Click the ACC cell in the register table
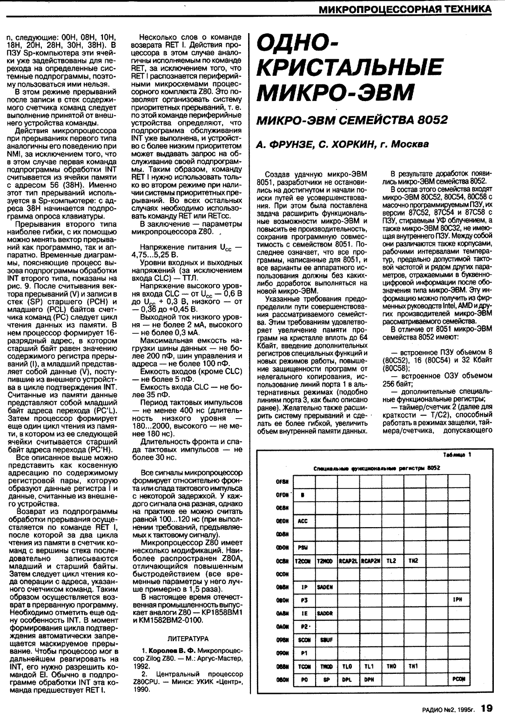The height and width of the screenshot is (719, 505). [303, 521]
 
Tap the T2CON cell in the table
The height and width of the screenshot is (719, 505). [303, 561]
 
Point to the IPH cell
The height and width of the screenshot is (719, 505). [457, 601]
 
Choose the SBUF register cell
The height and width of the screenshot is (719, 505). [325, 640]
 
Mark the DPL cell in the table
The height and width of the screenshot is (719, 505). [347, 679]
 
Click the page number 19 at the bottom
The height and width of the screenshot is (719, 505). [487, 709]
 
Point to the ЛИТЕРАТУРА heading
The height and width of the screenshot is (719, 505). [188, 638]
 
